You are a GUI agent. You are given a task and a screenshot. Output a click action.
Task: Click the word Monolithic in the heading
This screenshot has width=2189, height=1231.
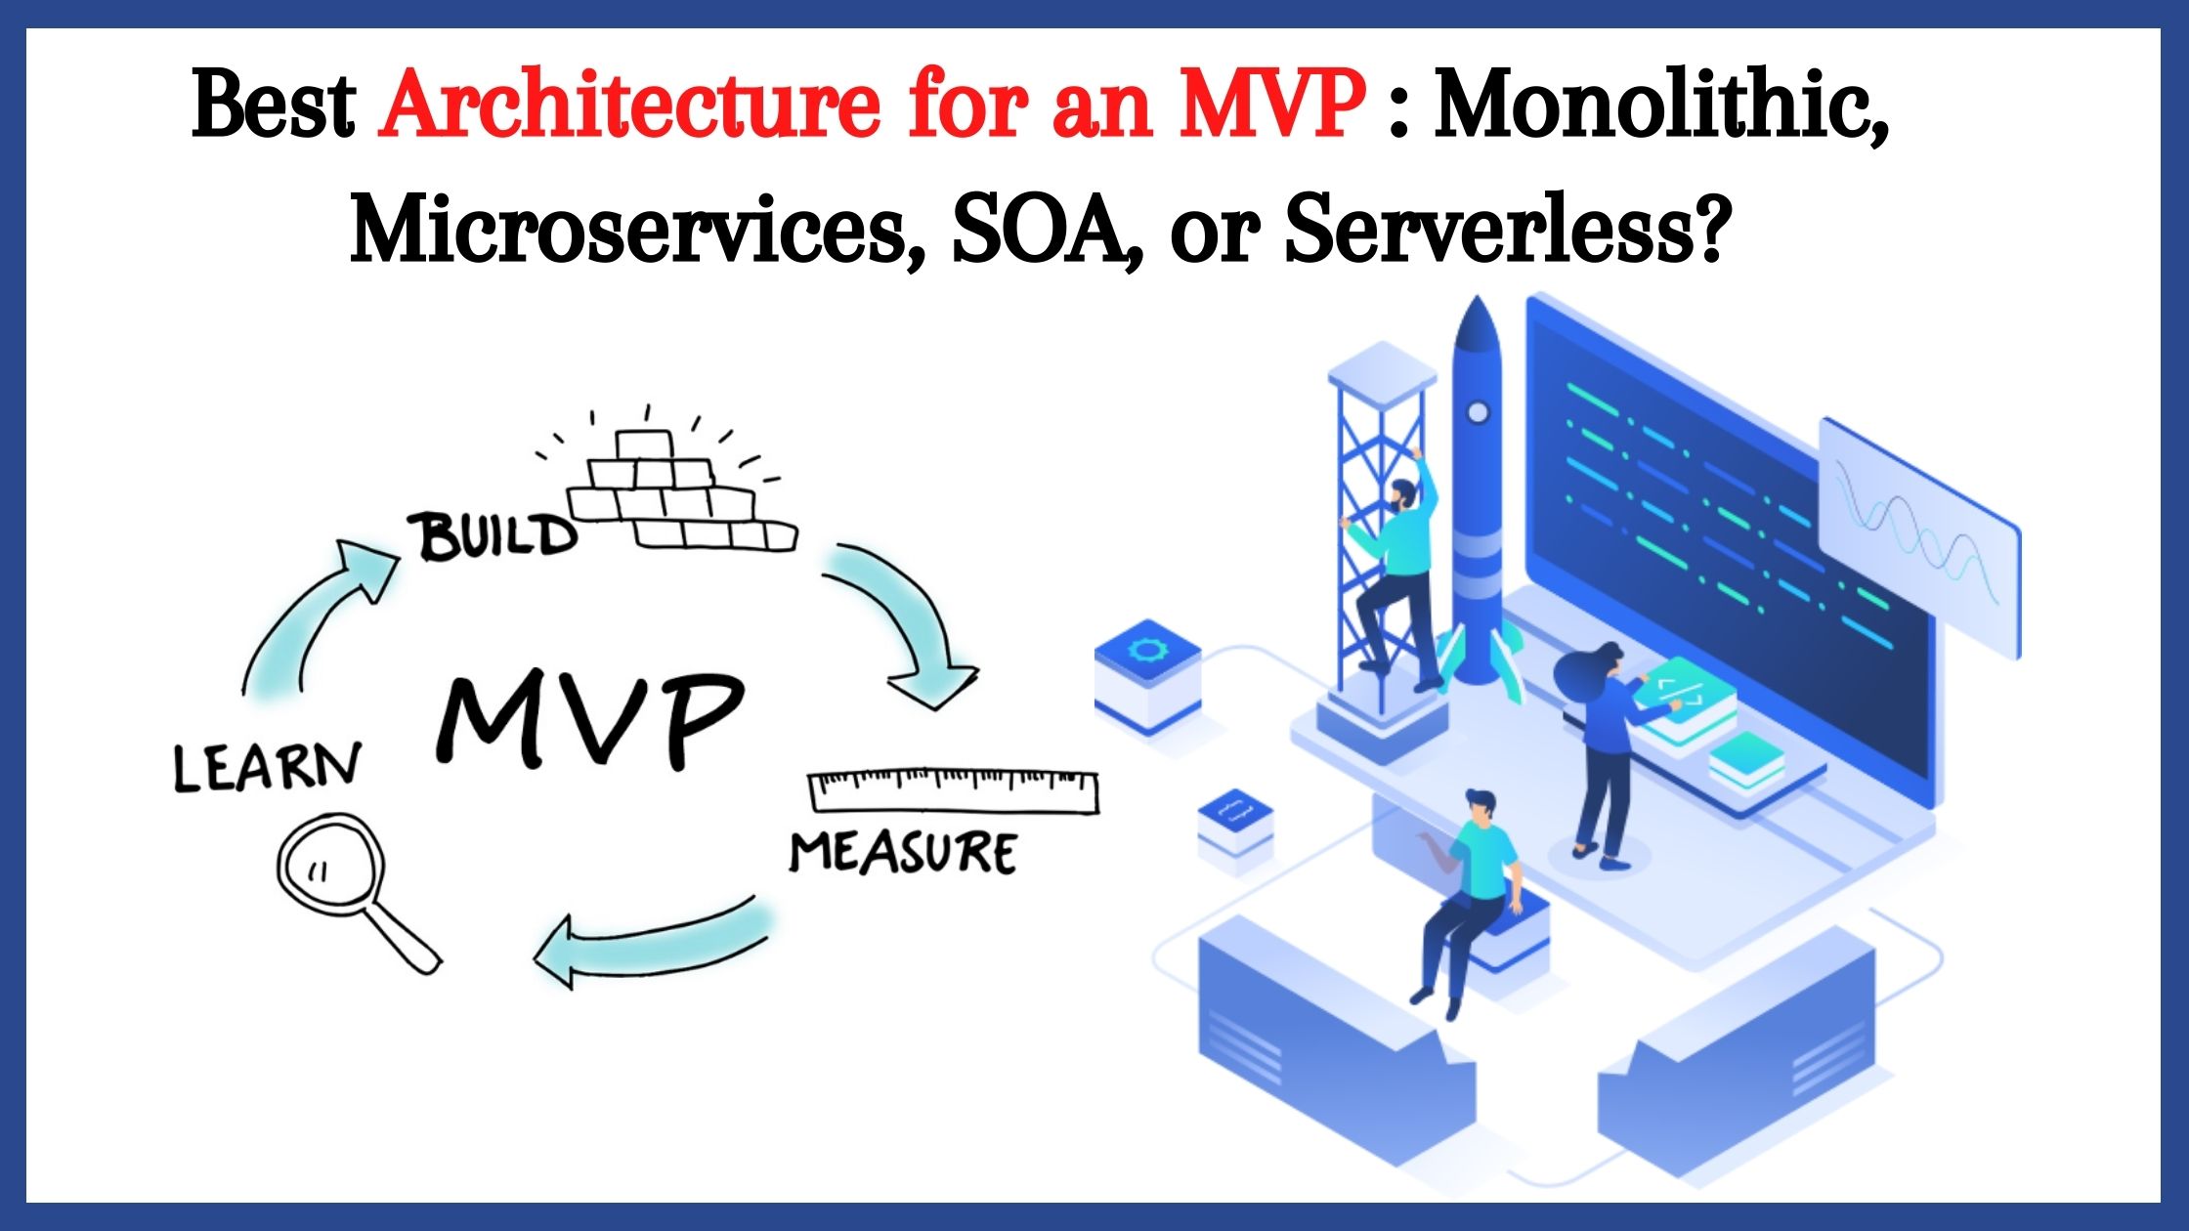(1661, 106)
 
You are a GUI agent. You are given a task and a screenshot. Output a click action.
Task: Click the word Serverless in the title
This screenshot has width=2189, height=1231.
(1500, 231)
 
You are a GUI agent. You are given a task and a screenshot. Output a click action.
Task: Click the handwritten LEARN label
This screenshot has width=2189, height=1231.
(266, 767)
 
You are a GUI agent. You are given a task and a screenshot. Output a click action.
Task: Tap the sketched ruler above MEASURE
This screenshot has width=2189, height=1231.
(953, 791)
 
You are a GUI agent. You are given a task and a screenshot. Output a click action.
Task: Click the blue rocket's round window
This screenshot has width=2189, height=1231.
(1479, 413)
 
